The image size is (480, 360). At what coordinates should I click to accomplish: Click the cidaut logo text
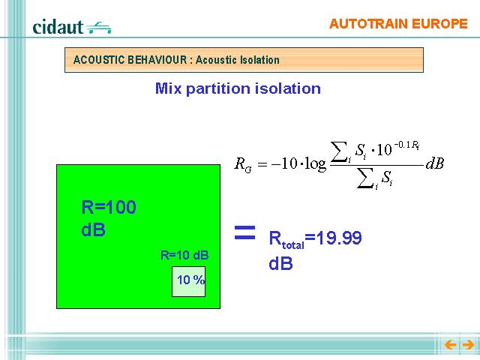[58, 27]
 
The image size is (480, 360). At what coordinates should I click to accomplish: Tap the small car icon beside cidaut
[98, 28]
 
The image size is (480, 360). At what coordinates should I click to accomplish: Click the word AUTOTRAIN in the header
[368, 24]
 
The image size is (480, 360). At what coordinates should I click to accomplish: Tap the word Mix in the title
[168, 88]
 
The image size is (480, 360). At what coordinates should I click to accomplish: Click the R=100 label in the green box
[109, 207]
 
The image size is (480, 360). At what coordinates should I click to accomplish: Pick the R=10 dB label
[184, 255]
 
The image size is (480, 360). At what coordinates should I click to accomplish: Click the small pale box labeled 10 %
[188, 281]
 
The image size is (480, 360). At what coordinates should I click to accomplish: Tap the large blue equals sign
[244, 232]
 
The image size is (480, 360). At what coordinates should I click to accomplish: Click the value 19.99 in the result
[338, 238]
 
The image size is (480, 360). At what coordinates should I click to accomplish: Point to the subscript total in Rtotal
[293, 245]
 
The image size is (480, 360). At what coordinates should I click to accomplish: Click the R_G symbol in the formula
[243, 165]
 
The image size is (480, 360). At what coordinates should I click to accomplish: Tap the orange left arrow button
[450, 345]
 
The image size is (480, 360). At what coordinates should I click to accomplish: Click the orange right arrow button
[468, 345]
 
